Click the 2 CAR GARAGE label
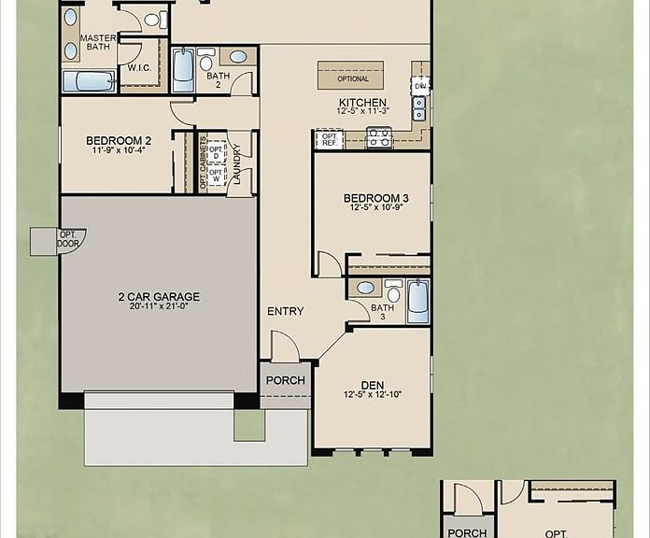(x=159, y=297)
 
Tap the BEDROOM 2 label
(x=119, y=141)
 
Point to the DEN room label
(x=373, y=386)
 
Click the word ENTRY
(x=285, y=311)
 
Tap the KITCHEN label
(x=362, y=103)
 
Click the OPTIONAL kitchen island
(x=351, y=76)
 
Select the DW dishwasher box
(x=420, y=86)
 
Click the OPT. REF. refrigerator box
(x=330, y=139)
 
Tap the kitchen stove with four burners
(x=379, y=137)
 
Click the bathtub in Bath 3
(x=417, y=302)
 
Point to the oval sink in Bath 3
(x=366, y=288)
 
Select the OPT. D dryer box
(x=217, y=152)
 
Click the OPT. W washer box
(x=217, y=175)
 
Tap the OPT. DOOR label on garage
(x=67, y=239)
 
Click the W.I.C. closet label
(x=139, y=68)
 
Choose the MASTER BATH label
(x=98, y=43)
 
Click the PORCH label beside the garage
(x=286, y=380)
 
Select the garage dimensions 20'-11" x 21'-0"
(x=159, y=306)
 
